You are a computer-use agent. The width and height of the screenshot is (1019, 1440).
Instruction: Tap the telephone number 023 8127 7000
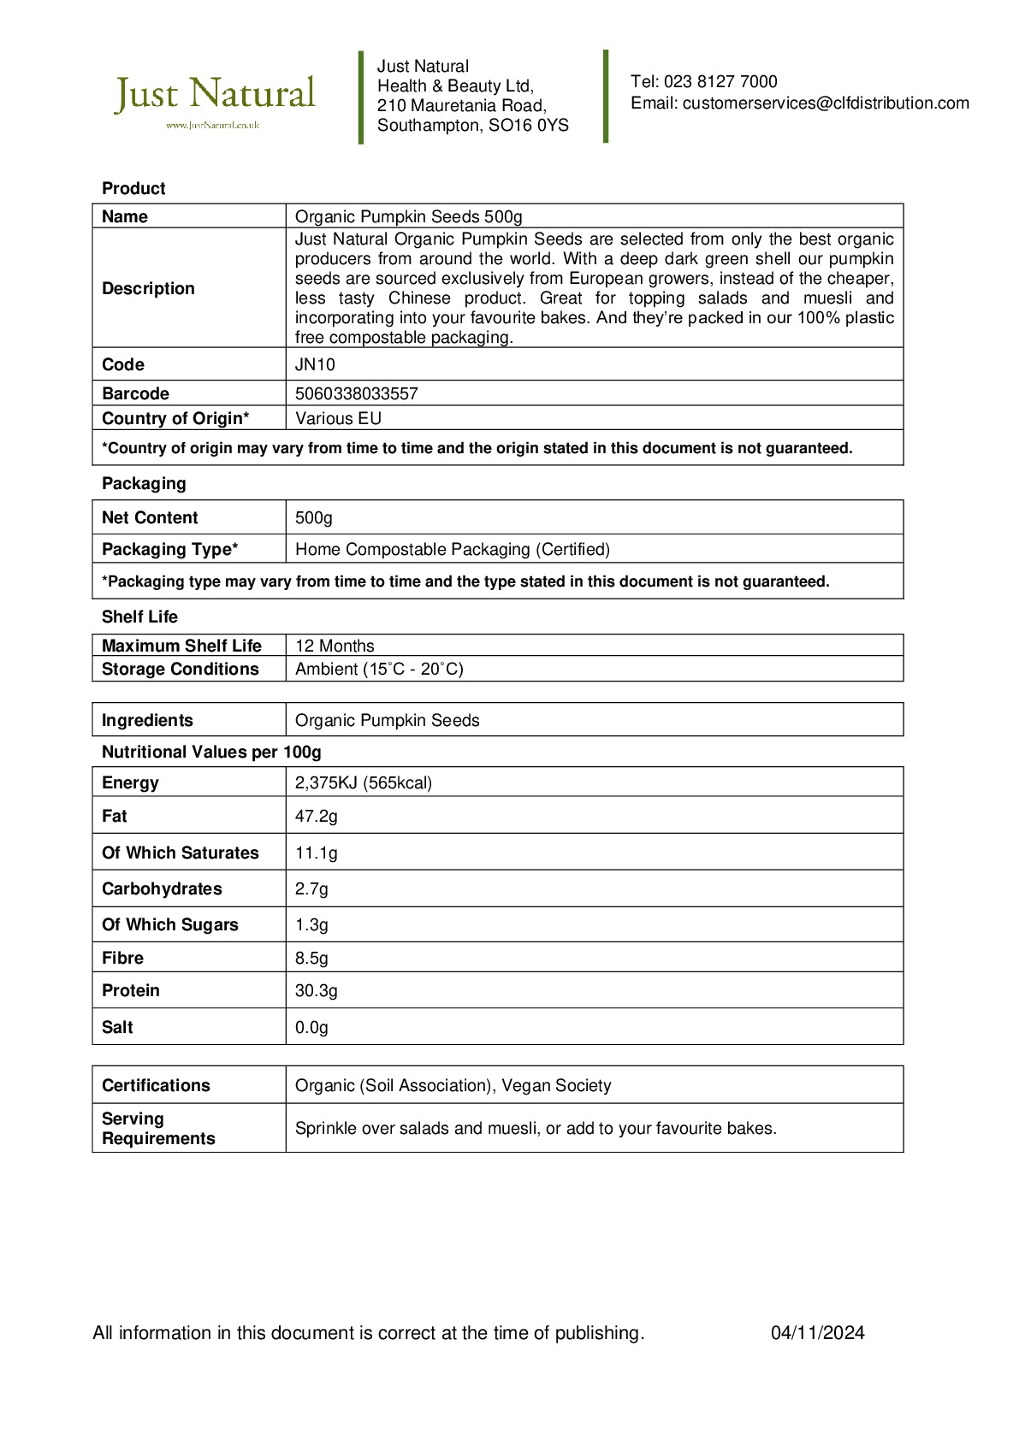pos(720,82)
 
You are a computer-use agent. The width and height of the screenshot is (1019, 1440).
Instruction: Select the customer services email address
pos(826,103)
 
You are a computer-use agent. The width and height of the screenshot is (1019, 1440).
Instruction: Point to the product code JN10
pos(315,365)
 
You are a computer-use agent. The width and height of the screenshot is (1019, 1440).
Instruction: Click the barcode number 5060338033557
pos(356,394)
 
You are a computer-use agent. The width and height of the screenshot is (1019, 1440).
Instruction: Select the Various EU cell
pos(338,419)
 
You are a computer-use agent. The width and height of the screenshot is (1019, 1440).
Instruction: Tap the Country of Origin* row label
pos(175,419)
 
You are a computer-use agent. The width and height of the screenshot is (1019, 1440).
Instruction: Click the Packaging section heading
pos(144,484)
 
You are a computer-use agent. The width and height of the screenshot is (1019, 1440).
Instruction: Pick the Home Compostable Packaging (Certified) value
pos(452,550)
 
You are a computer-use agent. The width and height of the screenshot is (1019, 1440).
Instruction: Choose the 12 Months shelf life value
pos(335,646)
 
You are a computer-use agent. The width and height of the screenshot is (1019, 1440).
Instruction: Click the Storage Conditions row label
pos(180,670)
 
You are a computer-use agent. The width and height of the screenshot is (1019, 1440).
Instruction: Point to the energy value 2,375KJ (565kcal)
pos(363,783)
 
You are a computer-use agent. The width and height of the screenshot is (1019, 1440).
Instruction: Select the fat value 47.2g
pos(316,817)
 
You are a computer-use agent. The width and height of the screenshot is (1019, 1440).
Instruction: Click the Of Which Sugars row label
pos(169,925)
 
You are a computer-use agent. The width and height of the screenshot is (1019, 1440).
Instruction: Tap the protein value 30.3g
pos(316,991)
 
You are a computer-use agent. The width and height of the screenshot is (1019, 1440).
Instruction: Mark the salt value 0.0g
pos(311,1028)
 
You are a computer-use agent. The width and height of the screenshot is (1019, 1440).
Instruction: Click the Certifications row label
pos(156,1086)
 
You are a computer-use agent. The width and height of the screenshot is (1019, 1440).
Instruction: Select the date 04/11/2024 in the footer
pos(817,1333)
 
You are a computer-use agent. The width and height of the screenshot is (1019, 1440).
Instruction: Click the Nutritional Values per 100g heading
pos(211,752)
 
